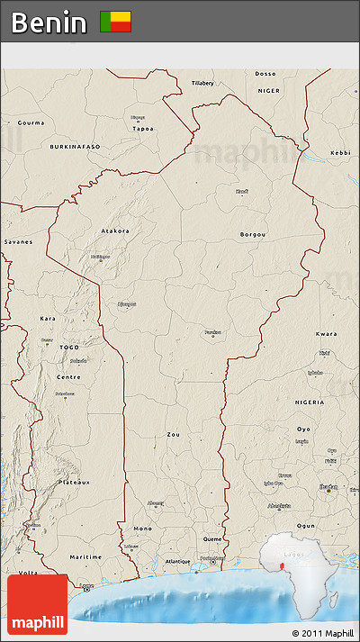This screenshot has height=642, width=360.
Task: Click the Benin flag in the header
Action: coord(115,22)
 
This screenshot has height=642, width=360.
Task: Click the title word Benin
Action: coord(49,23)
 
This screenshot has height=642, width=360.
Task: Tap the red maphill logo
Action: coord(37,604)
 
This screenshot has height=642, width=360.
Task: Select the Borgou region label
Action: coord(253,234)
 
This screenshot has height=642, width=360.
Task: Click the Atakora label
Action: coord(114,231)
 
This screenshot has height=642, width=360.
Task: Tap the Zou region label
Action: coord(174,434)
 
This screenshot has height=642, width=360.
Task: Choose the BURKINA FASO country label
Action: coord(75,146)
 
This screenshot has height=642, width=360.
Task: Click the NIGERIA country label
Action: coord(309,402)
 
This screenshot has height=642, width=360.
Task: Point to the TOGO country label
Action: coord(69,347)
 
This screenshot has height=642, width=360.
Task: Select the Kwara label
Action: coord(327,333)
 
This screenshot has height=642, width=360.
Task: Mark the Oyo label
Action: coord(303,429)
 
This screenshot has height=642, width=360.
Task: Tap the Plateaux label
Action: coord(75,482)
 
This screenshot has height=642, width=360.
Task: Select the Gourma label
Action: coord(31,122)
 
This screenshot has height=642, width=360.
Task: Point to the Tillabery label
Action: coord(203,83)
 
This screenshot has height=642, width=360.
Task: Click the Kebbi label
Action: coord(340,153)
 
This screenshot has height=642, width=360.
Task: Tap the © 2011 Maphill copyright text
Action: coord(323,634)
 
